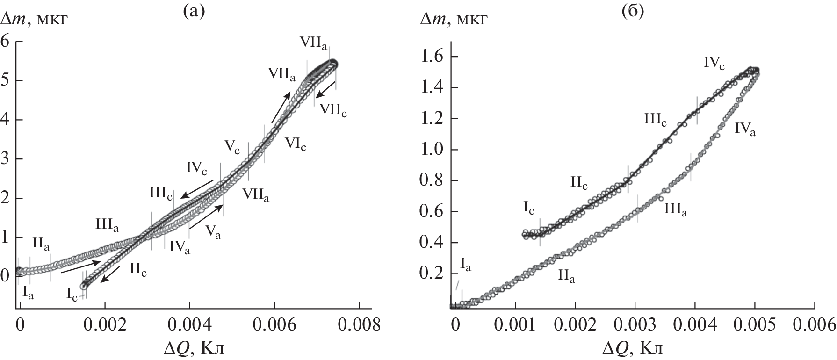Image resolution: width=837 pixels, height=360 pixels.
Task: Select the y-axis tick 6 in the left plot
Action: (x=6, y=41)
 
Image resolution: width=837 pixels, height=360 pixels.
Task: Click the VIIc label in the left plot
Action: (x=333, y=110)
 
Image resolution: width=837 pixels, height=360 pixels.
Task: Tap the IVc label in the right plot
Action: (x=714, y=63)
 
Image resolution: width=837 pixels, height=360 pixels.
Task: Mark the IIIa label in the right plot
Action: (x=676, y=210)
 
